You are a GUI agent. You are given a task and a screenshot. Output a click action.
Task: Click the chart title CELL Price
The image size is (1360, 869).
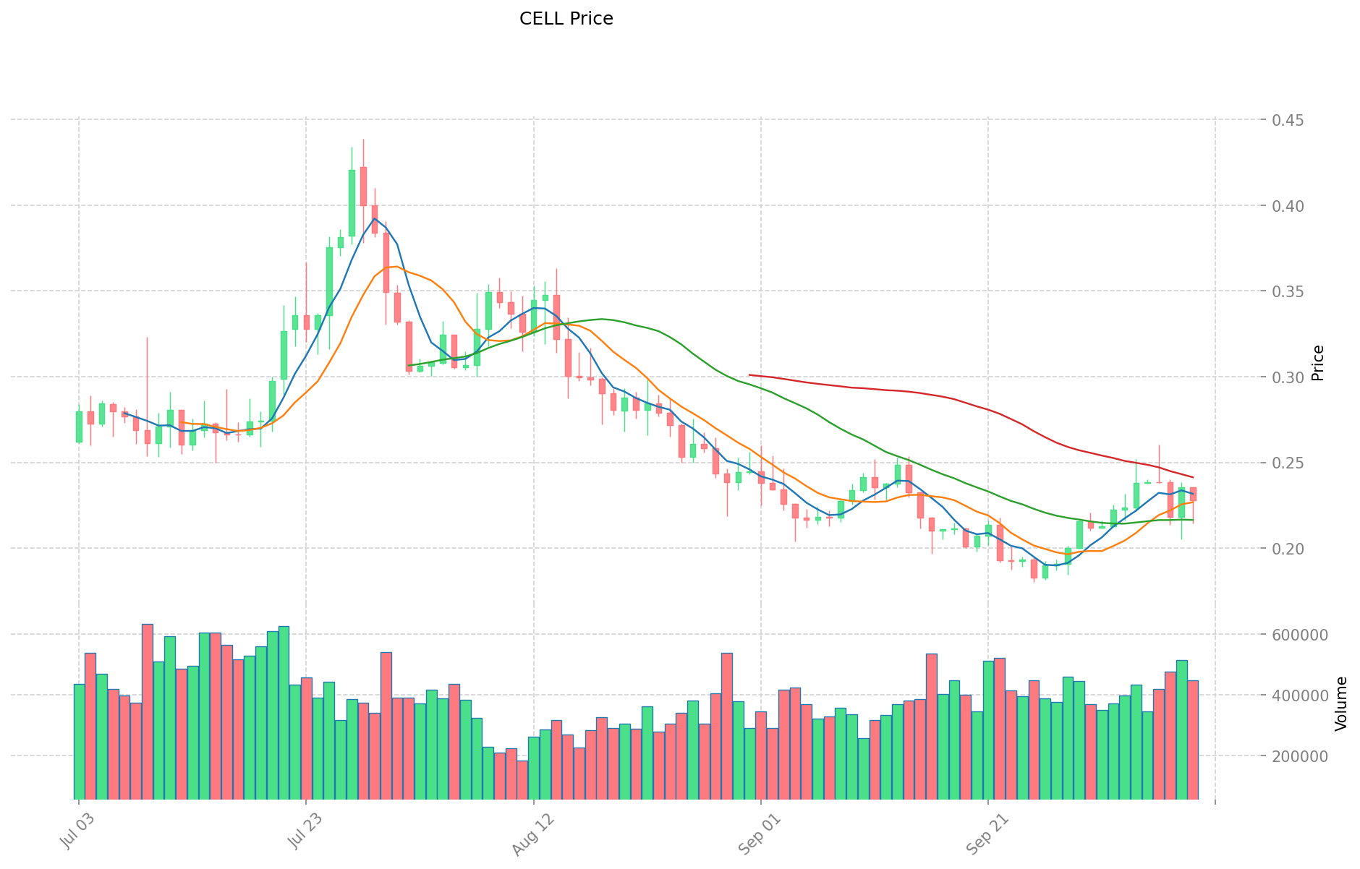566,19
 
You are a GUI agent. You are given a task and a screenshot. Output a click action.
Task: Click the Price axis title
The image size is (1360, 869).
1318,363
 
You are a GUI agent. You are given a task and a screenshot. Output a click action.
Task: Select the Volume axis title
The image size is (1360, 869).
1341,703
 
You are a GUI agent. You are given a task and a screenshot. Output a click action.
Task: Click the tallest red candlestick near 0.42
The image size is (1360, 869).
363,187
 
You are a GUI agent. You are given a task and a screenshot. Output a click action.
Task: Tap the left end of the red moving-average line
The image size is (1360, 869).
749,375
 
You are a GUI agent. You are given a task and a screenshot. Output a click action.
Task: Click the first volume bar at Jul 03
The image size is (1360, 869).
79,740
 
